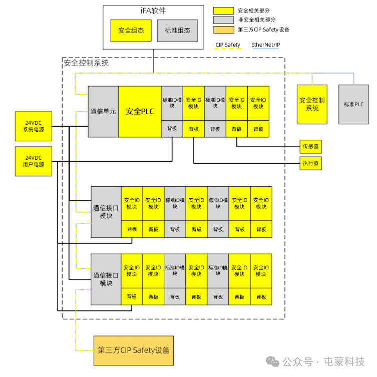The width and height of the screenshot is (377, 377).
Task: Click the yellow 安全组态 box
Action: coord(131,31)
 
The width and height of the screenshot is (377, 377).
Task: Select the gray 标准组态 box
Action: coord(177,31)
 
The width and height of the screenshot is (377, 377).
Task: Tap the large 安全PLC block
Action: coord(140,112)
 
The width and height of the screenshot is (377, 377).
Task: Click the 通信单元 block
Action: coord(103,112)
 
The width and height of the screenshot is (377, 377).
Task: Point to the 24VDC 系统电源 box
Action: coord(34,126)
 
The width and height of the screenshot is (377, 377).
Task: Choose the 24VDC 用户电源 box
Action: coord(34,161)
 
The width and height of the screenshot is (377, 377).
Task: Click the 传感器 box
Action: coord(310,146)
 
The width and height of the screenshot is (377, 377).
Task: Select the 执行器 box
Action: coord(310,163)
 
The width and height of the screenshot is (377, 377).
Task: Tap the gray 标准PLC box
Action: coord(353,104)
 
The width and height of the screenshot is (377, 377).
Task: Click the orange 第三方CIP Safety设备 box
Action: coord(134,350)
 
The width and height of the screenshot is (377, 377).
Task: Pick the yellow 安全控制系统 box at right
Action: coord(312,104)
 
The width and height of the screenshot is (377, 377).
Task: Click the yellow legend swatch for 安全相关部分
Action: coord(223,11)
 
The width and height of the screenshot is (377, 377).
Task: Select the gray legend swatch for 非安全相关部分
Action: coord(223,20)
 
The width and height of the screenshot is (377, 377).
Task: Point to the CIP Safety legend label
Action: coord(228,45)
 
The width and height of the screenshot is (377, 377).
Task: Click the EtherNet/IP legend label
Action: coord(266,45)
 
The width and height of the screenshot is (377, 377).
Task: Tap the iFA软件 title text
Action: coord(153,11)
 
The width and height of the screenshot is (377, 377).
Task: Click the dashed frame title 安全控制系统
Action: coord(86,63)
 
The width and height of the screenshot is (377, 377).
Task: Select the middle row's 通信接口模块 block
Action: coord(106,212)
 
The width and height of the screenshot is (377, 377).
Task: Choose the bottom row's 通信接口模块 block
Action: coord(106,279)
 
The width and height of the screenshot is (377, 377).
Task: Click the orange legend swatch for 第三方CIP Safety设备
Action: coord(224,30)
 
